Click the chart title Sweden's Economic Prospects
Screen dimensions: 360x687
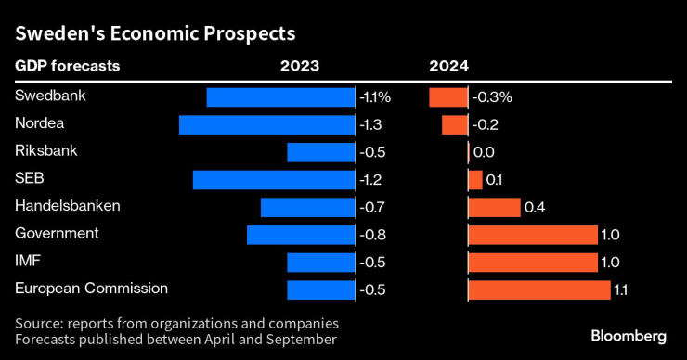point(154,34)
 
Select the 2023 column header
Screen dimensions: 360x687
point(300,66)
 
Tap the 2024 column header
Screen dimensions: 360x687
point(448,66)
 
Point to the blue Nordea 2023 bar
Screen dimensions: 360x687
point(267,124)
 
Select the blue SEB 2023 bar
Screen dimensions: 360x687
point(274,179)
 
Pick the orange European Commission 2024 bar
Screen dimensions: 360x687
point(538,289)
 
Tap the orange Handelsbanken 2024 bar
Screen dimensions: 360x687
point(494,207)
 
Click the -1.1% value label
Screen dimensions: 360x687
point(376,96)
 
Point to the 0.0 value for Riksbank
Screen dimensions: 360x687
point(483,152)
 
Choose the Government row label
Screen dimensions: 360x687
point(57,234)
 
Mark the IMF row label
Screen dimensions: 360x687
point(27,262)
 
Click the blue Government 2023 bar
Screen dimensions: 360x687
point(301,235)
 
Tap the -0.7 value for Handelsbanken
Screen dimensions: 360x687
point(371,207)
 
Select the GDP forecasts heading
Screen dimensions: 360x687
point(67,66)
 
